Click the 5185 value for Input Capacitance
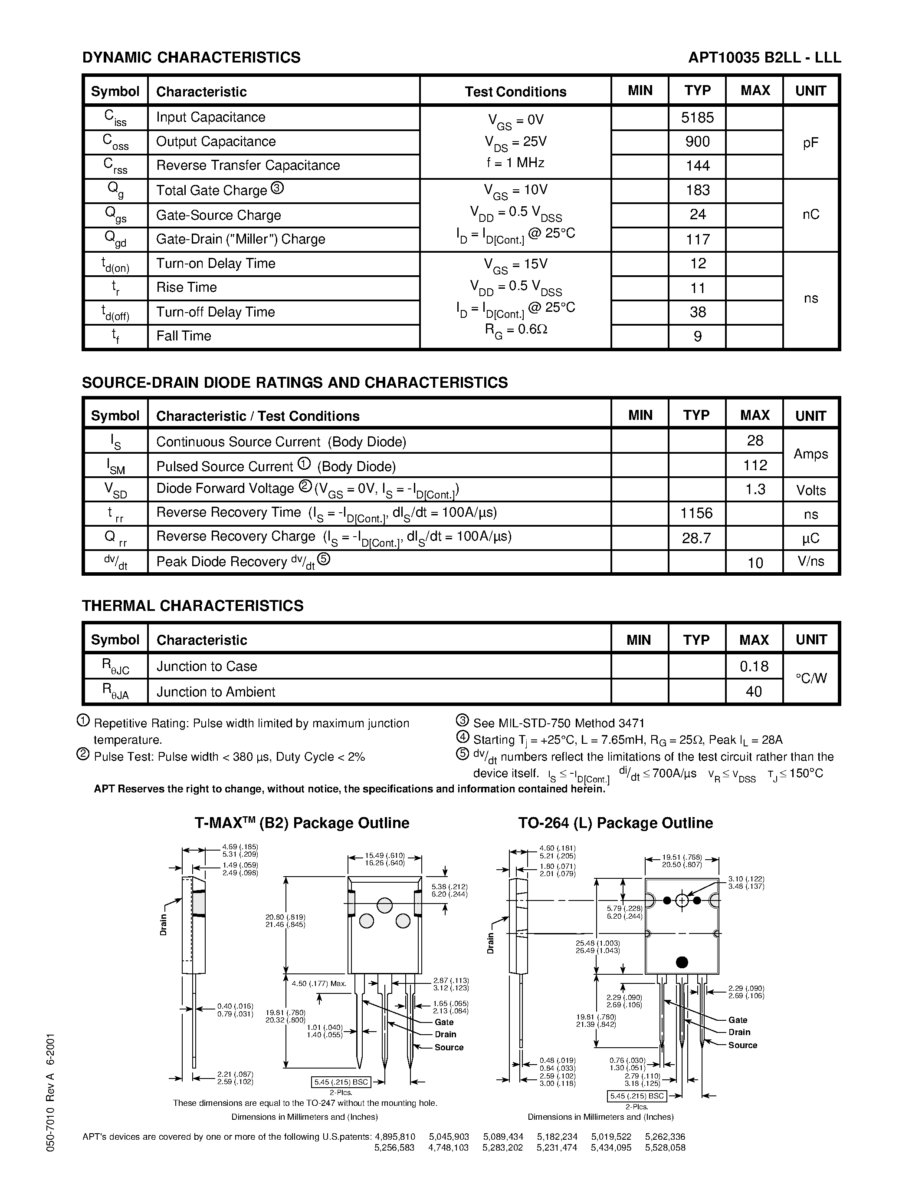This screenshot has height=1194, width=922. pyautogui.click(x=698, y=118)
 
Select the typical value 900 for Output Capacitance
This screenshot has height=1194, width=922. pyautogui.click(x=698, y=142)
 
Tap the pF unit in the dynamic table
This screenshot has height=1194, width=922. pyautogui.click(x=810, y=143)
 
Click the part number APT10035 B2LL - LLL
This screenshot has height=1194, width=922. pyautogui.click(x=764, y=57)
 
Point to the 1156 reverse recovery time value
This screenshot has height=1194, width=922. pyautogui.click(x=696, y=513)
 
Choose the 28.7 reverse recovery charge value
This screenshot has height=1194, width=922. pyautogui.click(x=696, y=538)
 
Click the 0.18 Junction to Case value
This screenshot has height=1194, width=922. pyautogui.click(x=755, y=666)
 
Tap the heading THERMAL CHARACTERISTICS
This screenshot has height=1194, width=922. pyautogui.click(x=192, y=606)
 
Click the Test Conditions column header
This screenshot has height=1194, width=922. pyautogui.click(x=515, y=91)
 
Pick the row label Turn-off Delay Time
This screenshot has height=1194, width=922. pyautogui.click(x=215, y=312)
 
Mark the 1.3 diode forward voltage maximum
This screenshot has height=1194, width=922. pyautogui.click(x=755, y=489)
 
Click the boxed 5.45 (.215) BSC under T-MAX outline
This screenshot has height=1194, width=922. pyautogui.click(x=341, y=1082)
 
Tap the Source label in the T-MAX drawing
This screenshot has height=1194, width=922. pyautogui.click(x=449, y=1047)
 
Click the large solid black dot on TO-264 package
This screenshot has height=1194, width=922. pyautogui.click(x=682, y=962)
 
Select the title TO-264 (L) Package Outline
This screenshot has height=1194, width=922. pyautogui.click(x=616, y=823)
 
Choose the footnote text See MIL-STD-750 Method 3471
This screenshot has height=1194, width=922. pyautogui.click(x=558, y=723)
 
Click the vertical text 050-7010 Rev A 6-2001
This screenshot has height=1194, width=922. pyautogui.click(x=50, y=1093)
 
